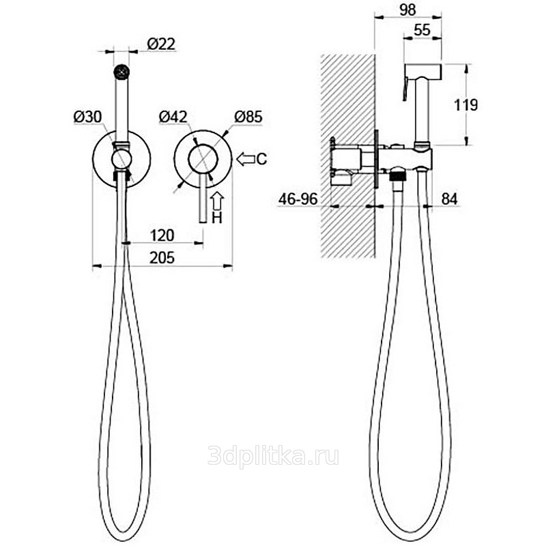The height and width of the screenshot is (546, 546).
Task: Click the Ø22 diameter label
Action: click(161, 44)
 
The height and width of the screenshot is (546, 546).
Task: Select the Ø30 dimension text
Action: click(88, 117)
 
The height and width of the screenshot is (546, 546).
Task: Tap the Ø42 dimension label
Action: click(173, 117)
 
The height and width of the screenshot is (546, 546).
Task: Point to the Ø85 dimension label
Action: click(248, 117)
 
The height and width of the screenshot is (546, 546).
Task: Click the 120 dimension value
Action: click(162, 235)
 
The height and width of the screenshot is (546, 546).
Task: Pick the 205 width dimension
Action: click(162, 258)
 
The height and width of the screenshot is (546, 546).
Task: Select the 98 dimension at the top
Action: click(407, 10)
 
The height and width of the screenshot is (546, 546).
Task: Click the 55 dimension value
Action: click(422, 30)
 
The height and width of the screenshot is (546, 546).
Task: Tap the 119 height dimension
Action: click(466, 105)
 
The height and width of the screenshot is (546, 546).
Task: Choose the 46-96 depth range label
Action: click(298, 199)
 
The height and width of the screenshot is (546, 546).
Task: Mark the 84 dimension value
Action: click(450, 199)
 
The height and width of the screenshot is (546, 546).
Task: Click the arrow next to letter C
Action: click(246, 159)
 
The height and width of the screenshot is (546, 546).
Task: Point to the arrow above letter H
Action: click(216, 201)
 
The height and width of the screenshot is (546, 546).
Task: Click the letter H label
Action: click(217, 218)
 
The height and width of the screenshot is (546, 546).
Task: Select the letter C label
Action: click(262, 159)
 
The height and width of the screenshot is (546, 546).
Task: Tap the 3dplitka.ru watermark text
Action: click(274, 456)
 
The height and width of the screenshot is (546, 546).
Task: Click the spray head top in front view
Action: click(121, 72)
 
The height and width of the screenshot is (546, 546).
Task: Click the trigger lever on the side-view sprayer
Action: click(405, 89)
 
